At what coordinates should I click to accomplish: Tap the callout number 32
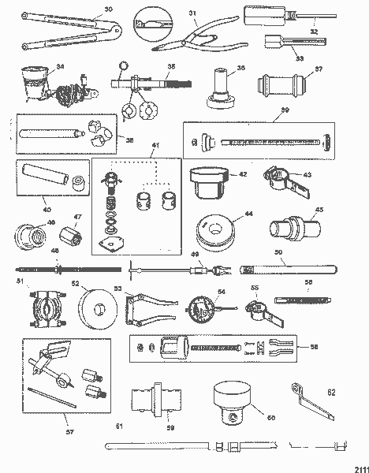[x=315, y=32]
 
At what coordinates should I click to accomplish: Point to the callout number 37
[x=319, y=69]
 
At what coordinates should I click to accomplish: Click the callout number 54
[x=222, y=293]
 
